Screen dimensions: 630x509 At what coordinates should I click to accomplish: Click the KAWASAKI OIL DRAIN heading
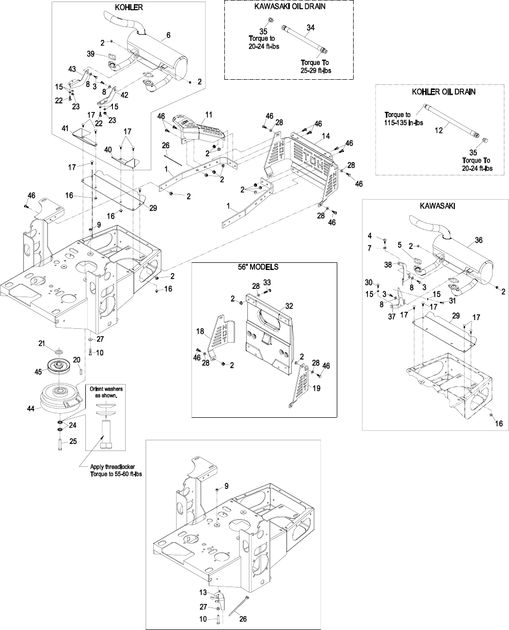tap(289, 7)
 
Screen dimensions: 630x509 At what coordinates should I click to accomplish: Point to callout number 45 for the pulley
tap(38, 371)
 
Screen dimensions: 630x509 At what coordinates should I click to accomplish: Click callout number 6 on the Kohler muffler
tap(168, 35)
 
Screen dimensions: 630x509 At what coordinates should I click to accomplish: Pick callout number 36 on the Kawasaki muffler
tap(478, 240)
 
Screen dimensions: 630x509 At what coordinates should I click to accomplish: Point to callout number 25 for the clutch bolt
tap(73, 441)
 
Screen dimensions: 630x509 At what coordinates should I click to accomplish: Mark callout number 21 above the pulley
tap(42, 343)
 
